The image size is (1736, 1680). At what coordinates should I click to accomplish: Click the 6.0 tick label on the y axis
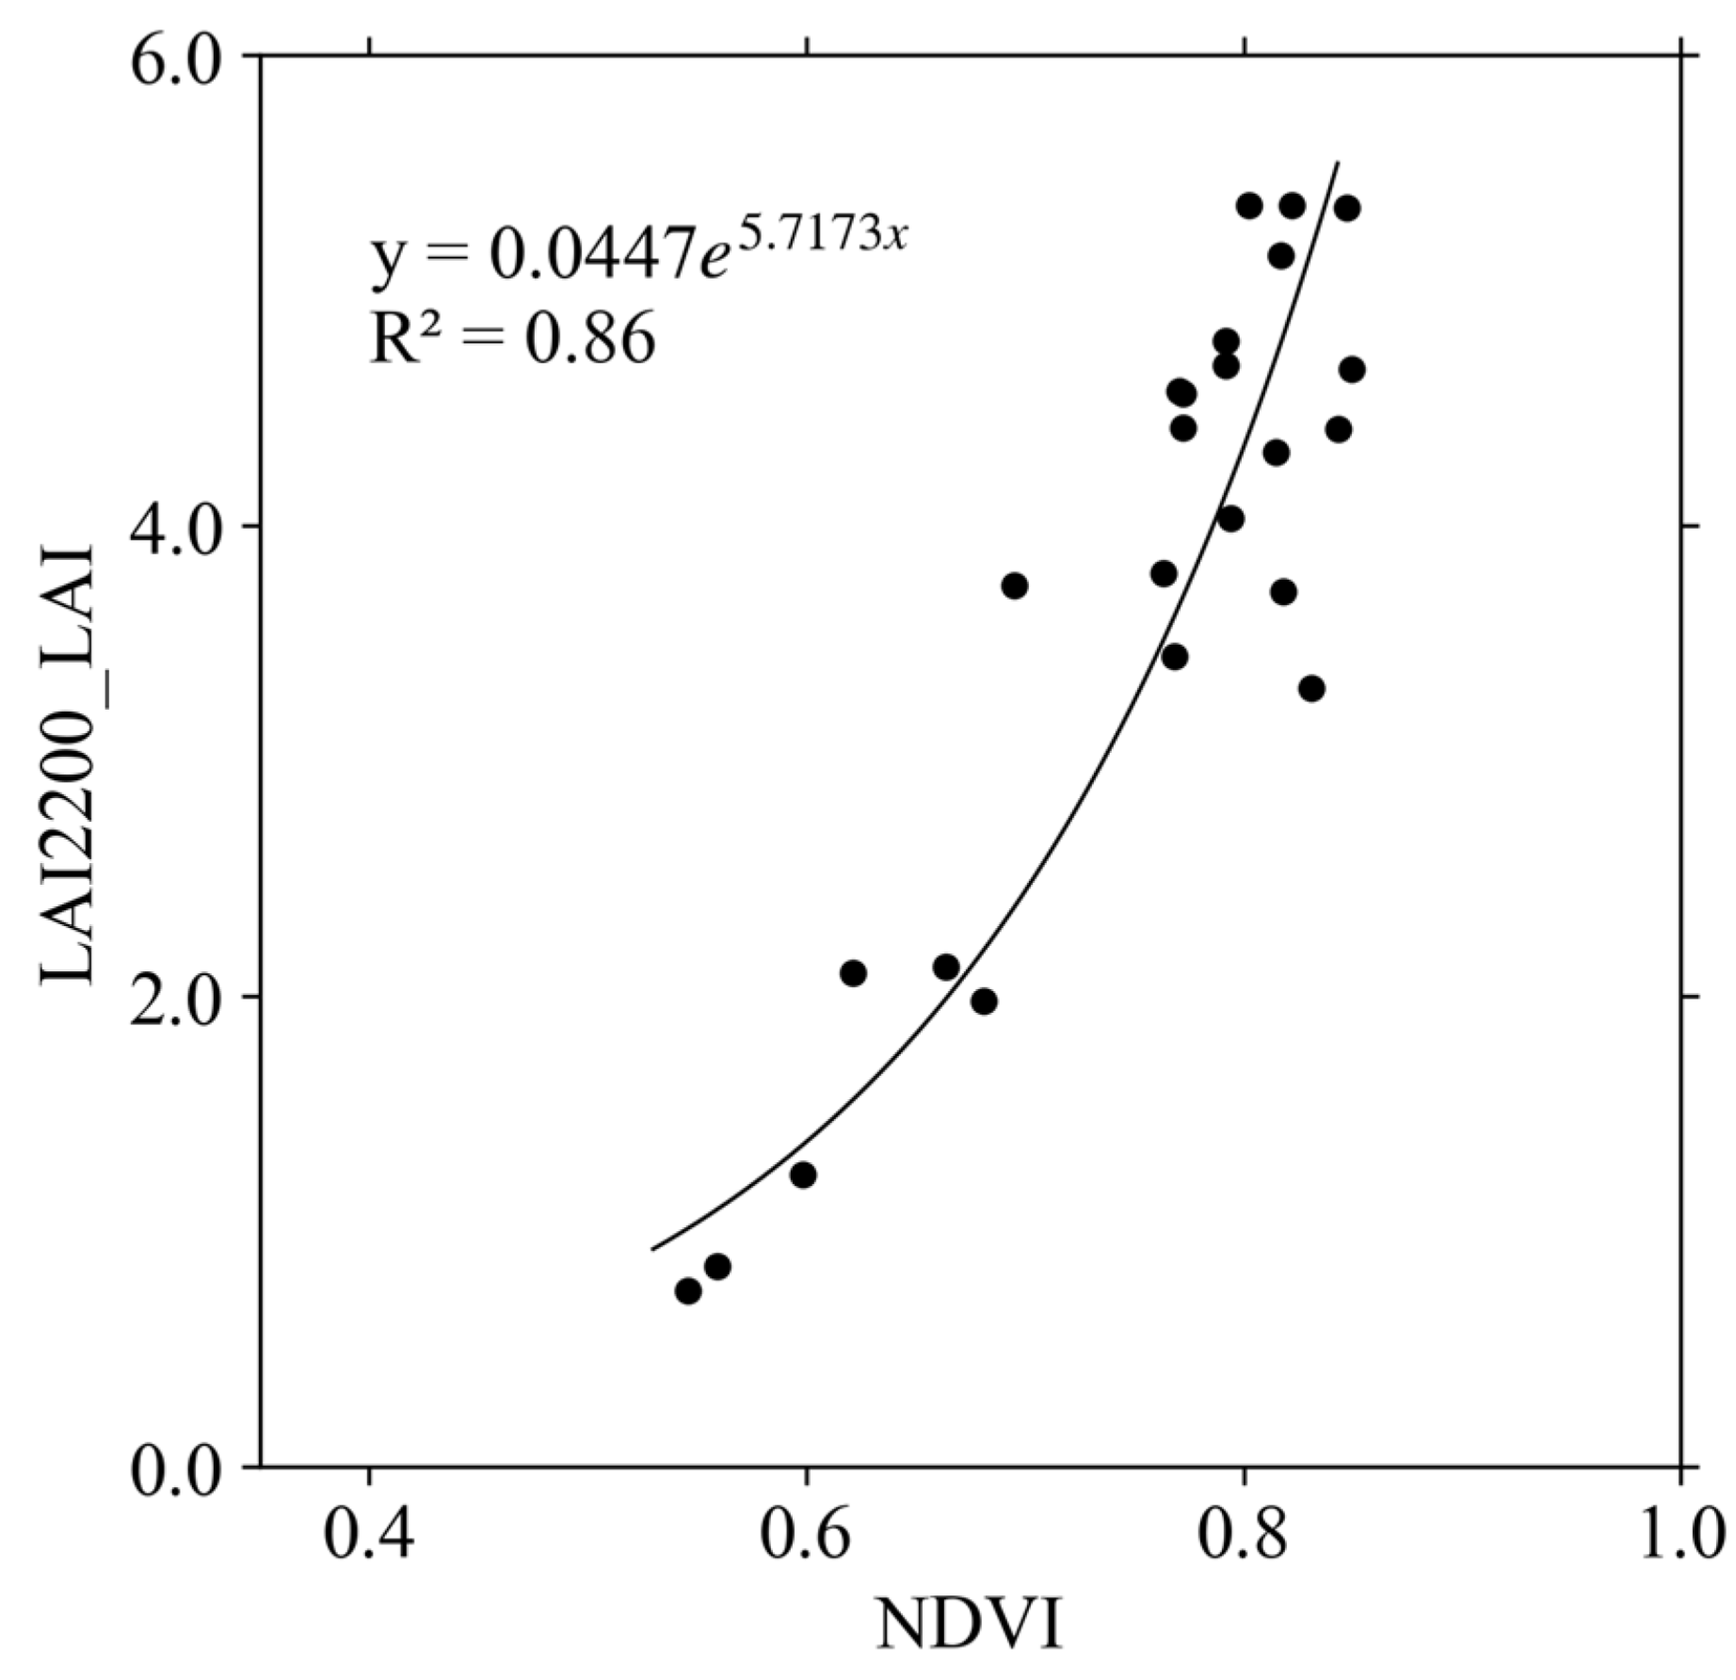coord(177,56)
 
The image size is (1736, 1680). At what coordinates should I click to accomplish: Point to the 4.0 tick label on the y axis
coord(177,525)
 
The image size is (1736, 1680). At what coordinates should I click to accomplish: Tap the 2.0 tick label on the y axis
coord(177,996)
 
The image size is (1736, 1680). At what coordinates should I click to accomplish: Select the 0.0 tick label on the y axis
coord(177,1466)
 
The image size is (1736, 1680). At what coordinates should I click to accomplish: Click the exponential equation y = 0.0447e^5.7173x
coord(638,252)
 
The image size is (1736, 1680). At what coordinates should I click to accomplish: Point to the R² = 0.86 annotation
coord(511,339)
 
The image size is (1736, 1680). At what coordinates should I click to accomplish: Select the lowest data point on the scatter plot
coord(688,1290)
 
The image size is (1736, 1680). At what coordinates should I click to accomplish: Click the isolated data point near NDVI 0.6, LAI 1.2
coord(803,1175)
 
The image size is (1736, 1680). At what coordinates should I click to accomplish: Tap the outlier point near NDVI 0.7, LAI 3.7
coord(1014,585)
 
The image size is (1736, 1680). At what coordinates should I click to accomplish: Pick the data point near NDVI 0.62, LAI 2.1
coord(853,973)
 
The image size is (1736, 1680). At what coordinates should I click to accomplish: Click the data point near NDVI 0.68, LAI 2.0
coord(984,1001)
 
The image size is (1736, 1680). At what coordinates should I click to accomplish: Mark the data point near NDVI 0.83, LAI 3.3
coord(1311,688)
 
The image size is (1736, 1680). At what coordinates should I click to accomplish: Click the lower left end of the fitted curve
coord(652,1249)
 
